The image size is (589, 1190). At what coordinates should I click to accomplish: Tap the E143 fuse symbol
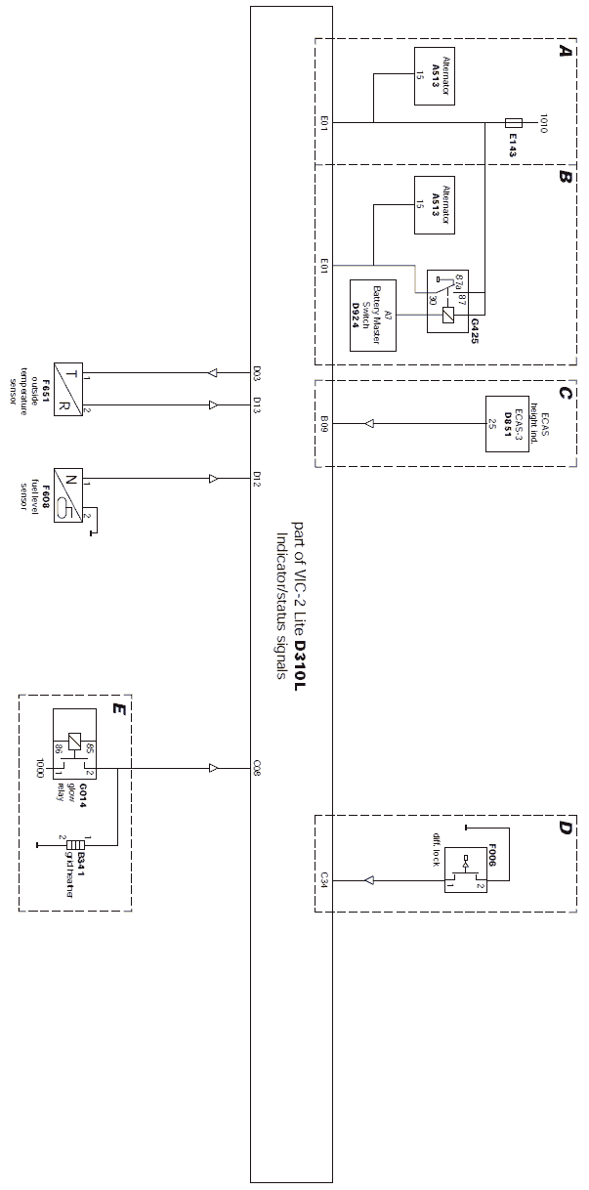[513, 123]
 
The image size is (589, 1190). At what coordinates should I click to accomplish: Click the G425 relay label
[476, 325]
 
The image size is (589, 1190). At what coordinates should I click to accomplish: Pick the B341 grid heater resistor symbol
[75, 843]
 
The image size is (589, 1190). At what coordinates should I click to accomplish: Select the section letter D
[565, 829]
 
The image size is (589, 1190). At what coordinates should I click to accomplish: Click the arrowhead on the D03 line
[214, 372]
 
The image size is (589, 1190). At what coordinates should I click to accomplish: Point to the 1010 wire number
[544, 123]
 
